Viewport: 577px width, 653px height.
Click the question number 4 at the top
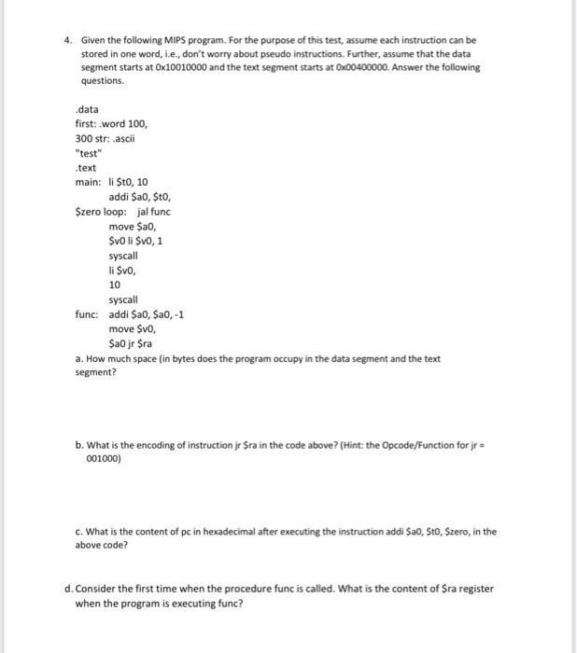click(x=67, y=41)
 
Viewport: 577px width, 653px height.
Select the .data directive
click(x=87, y=109)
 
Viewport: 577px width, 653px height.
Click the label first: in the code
click(x=87, y=124)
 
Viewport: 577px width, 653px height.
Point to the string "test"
click(x=90, y=154)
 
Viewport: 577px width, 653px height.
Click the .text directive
click(x=86, y=168)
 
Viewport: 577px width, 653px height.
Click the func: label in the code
click(x=89, y=314)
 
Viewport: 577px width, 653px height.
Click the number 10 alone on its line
click(x=114, y=285)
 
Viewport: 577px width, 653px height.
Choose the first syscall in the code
click(x=122, y=256)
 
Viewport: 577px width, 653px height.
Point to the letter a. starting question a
click(x=78, y=358)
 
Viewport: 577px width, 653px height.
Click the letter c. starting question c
click(x=78, y=533)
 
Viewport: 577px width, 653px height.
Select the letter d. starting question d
click(x=78, y=590)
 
